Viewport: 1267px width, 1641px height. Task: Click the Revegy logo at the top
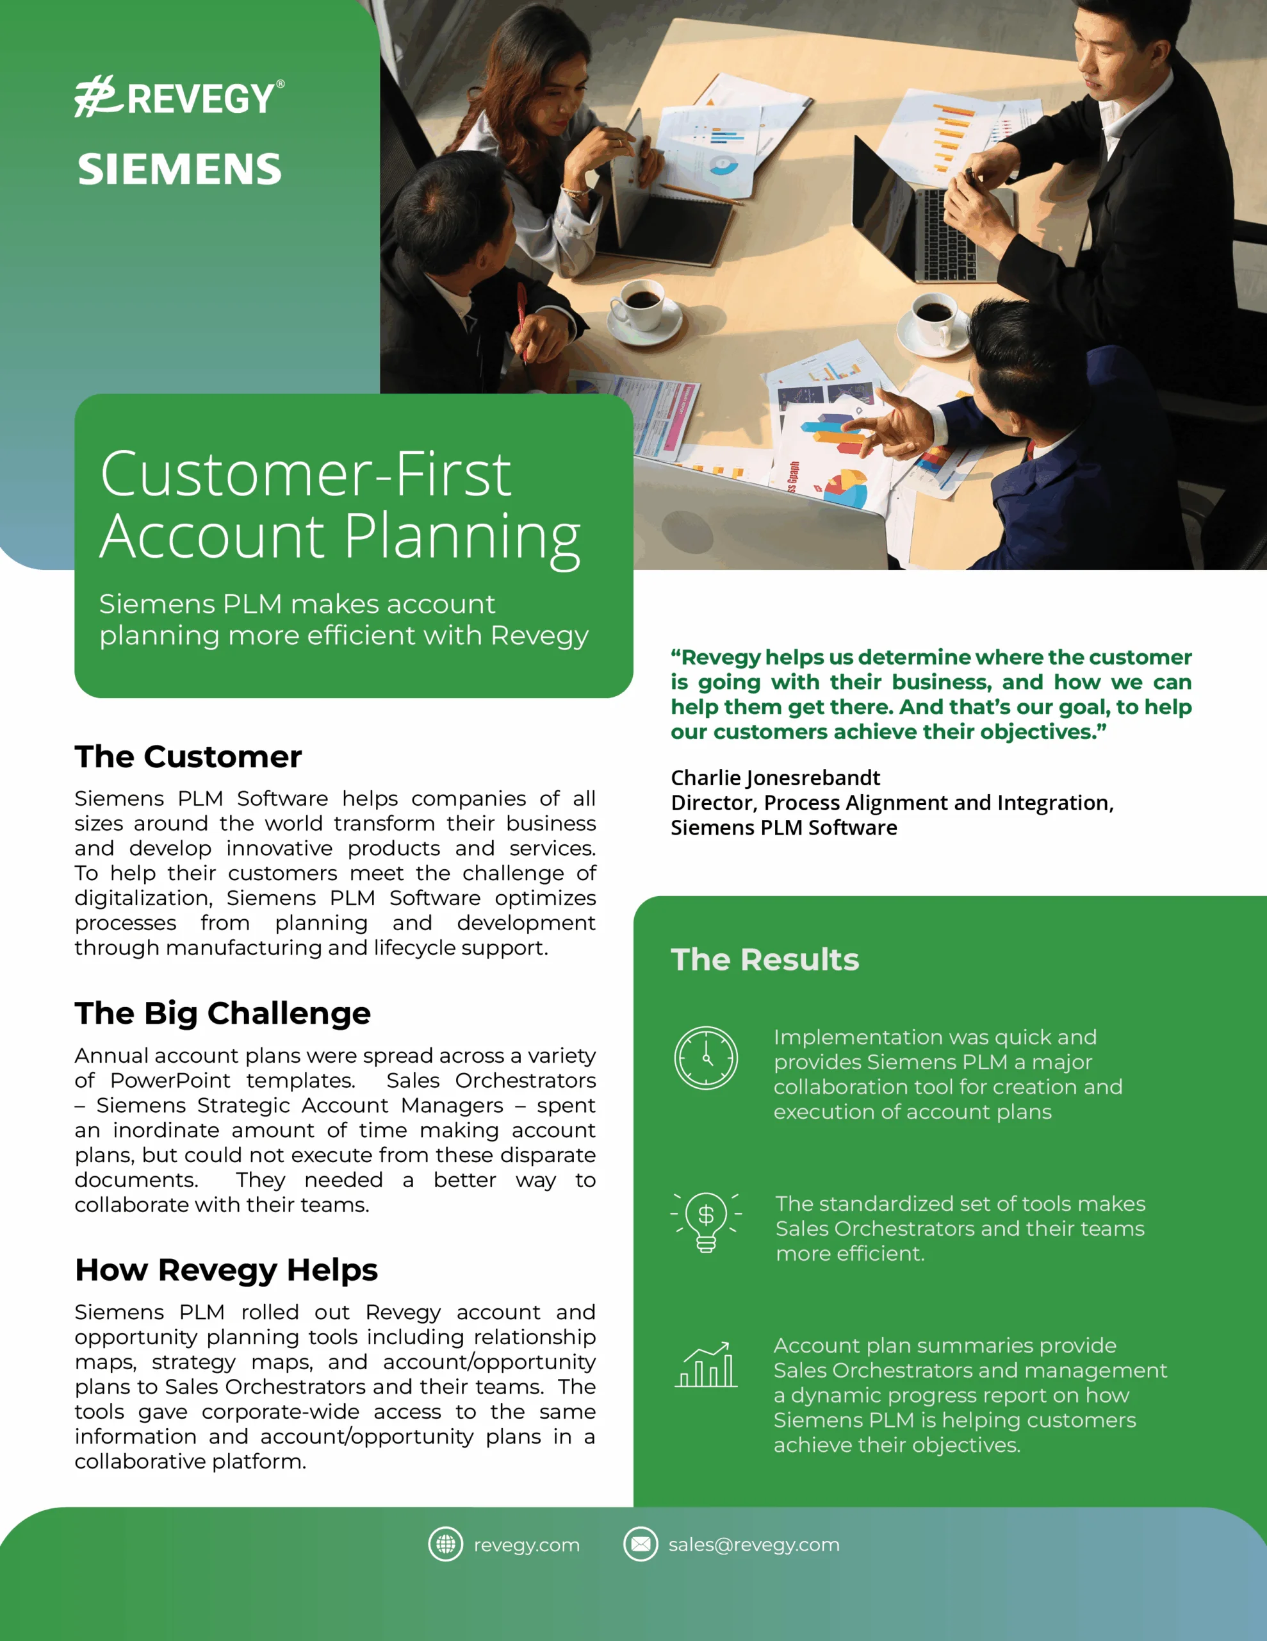tap(179, 97)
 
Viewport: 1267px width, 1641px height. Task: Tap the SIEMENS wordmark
tap(179, 169)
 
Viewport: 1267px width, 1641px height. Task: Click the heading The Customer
tap(188, 756)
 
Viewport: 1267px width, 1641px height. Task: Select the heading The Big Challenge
tap(222, 1013)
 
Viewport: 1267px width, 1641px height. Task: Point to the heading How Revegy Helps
tap(226, 1270)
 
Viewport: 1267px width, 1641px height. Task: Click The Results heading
tap(765, 960)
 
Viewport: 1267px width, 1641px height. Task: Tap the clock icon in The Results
tap(705, 1058)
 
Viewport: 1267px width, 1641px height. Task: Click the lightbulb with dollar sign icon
tap(706, 1222)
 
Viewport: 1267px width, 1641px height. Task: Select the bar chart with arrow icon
tap(706, 1365)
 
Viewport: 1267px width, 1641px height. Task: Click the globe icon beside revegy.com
tap(445, 1544)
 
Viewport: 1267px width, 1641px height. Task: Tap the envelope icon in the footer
tap(641, 1544)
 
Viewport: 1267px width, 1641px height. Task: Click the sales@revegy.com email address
tap(754, 1545)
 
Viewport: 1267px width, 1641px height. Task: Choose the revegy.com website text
tap(527, 1545)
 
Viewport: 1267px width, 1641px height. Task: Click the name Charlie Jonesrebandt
tap(775, 778)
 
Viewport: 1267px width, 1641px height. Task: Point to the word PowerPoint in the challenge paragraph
tap(170, 1081)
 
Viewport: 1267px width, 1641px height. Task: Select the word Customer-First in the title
tap(306, 474)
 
